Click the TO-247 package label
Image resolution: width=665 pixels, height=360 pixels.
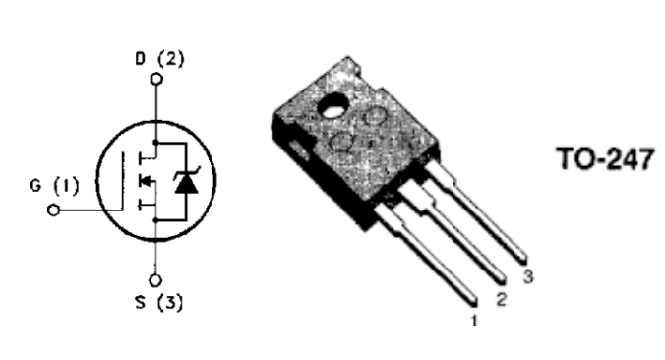point(605,158)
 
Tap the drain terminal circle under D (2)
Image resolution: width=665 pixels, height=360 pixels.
point(157,79)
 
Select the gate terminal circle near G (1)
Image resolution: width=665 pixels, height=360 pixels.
point(53,210)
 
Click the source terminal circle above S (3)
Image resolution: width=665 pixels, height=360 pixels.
point(155,280)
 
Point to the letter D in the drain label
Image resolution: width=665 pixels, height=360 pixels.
point(141,58)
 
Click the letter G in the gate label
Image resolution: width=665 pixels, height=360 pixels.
point(35,185)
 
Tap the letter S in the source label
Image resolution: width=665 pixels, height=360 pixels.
point(141,302)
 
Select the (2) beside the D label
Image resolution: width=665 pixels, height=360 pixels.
point(171,58)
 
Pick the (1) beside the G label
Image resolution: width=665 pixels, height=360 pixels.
point(67,186)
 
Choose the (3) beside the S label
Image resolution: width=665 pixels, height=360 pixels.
point(170,302)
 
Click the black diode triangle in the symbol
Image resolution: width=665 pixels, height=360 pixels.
point(187,184)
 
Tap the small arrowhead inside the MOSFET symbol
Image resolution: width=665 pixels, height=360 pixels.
point(145,181)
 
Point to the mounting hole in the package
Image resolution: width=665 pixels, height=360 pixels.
point(333,105)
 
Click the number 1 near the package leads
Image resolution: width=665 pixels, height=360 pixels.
point(474,321)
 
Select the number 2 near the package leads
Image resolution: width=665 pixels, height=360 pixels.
point(502,299)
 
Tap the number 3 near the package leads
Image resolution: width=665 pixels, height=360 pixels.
point(528,276)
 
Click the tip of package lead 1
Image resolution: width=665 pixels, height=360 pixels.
point(475,303)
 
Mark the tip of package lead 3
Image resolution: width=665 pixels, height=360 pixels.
point(524,259)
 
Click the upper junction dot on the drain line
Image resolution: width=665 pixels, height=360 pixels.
point(156,142)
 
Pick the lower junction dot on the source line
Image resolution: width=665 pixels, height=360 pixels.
point(156,220)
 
